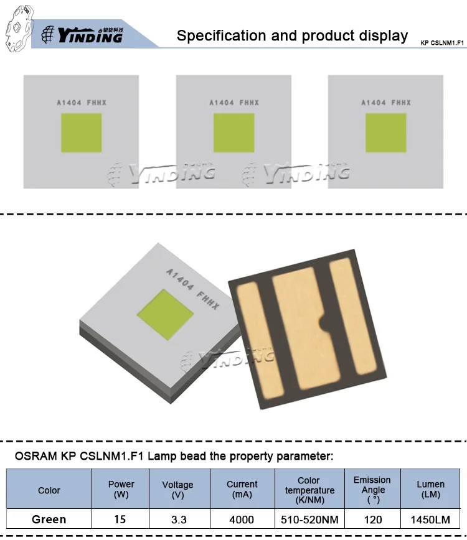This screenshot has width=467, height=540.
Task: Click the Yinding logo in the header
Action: click(90, 35)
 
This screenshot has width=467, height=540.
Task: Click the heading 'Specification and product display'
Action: click(292, 35)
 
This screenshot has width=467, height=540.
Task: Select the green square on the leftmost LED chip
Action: click(81, 133)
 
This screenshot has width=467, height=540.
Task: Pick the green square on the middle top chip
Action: click(233, 133)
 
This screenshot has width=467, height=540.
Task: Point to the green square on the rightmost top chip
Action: click(385, 133)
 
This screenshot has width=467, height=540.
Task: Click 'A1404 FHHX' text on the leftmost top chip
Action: click(81, 103)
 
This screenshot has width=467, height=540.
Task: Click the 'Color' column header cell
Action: click(49, 490)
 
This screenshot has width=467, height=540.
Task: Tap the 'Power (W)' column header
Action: click(121, 490)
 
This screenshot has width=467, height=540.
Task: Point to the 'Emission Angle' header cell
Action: click(372, 490)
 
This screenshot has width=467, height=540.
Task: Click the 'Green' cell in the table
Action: click(49, 519)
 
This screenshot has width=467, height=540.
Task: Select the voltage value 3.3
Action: click(178, 519)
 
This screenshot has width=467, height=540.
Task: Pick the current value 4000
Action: click(242, 519)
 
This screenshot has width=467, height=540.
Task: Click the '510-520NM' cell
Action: click(309, 519)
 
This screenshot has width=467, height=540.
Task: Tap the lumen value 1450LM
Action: click(430, 519)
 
